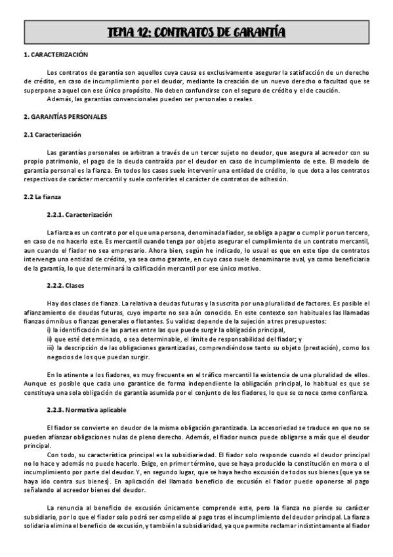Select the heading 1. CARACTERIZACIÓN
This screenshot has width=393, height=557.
click(55, 55)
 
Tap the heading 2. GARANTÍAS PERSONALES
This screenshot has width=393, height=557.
click(65, 116)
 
